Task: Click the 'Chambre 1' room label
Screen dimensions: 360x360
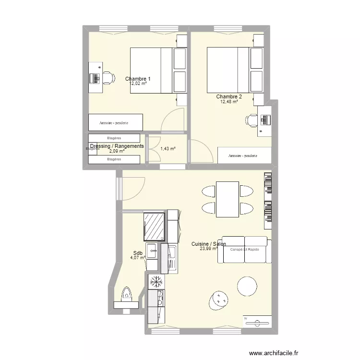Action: pos(138,79)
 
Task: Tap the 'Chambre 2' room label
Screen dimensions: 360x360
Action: pos(229,96)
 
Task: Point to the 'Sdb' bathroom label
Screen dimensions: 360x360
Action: pos(138,253)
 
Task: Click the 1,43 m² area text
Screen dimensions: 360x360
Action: pos(167,149)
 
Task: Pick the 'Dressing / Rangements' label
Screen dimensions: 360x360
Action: pos(117,146)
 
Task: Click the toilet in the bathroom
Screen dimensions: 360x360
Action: pos(127,294)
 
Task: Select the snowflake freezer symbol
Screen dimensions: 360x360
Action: pos(156,281)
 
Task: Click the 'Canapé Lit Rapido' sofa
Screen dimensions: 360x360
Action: pos(244,250)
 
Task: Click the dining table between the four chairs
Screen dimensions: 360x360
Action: pos(228,199)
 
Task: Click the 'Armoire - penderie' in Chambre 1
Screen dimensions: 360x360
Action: pos(115,123)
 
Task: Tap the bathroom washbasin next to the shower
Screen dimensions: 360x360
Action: pos(152,250)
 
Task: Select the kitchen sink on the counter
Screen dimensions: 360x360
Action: pos(171,254)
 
